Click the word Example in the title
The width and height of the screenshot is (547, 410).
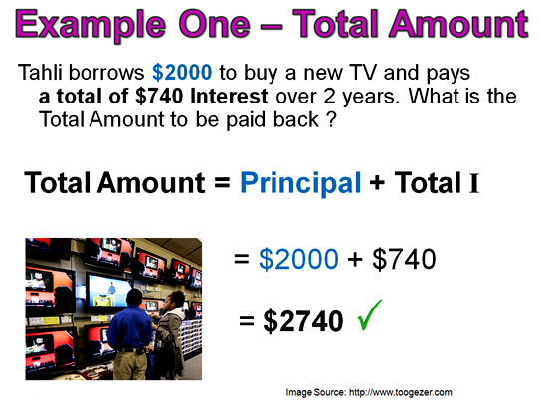pos(91,25)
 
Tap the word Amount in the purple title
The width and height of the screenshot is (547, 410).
pos(459,24)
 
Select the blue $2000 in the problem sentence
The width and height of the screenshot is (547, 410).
pos(182,73)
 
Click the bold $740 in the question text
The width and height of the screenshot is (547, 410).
pos(159,96)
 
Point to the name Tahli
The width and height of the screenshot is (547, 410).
pos(41,73)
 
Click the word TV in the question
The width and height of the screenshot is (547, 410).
pos(363,73)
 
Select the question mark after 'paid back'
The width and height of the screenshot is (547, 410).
pos(332,119)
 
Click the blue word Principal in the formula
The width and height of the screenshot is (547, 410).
pos(300,183)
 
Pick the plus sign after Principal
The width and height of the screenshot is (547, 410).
pos(377,183)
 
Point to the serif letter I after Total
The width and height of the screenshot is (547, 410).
pos(474,183)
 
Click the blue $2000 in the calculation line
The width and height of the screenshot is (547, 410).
pos(298,259)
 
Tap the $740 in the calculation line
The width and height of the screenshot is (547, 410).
pos(404,259)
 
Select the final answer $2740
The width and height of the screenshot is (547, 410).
pos(303,321)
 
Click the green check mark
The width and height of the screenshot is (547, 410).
pos(370,315)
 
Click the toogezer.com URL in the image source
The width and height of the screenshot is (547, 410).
pos(401,392)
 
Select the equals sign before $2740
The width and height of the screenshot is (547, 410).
pos(247,321)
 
